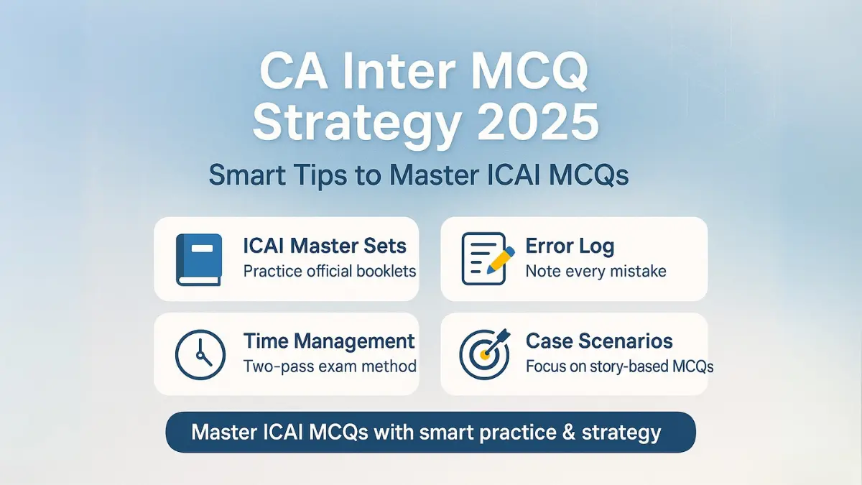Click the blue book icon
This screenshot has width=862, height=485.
(197, 259)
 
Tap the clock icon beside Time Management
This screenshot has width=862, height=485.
(197, 354)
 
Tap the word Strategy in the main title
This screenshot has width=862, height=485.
(357, 122)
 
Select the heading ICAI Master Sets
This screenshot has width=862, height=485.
(325, 246)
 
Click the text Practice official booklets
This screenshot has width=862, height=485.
(330, 272)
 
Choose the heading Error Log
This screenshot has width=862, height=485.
(570, 246)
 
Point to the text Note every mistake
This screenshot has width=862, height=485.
(595, 272)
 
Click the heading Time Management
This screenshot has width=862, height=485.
(329, 341)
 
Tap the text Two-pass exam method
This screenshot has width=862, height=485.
(330, 366)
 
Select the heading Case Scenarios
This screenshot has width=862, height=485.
(599, 341)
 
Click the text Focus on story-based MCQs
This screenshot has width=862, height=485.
(619, 366)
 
